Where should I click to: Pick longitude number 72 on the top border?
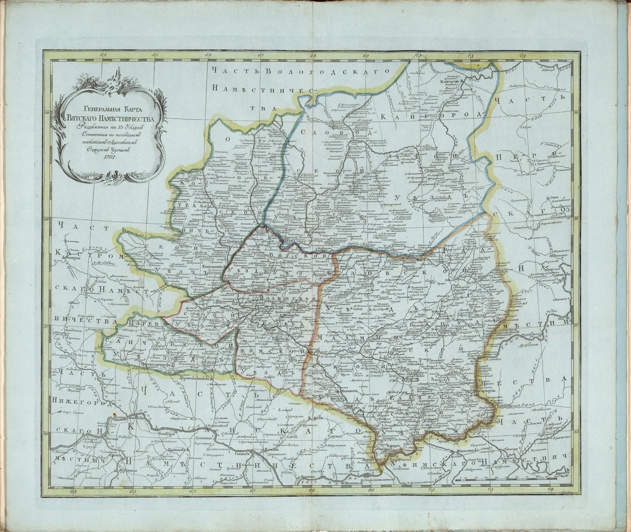pyautogui.click(x=522, y=56)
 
